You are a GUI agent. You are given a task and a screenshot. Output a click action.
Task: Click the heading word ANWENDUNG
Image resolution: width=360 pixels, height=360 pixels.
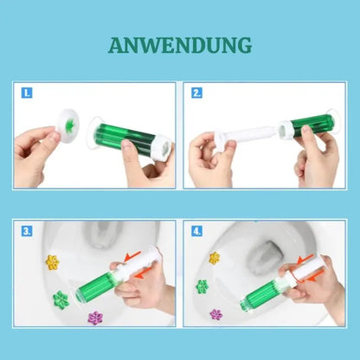pos(180,44)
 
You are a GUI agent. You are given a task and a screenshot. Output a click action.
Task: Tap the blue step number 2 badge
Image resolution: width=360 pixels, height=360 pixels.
pos(197,92)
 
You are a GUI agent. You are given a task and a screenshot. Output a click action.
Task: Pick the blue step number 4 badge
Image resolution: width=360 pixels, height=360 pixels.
pos(197,231)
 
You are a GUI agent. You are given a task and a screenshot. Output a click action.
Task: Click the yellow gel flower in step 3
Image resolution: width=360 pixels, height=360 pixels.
pos(52,261)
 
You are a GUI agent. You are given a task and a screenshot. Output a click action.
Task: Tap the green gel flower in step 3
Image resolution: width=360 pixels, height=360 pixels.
pos(61,299)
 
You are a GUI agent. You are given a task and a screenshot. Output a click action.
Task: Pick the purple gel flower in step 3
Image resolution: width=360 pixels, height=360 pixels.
pos(96,318)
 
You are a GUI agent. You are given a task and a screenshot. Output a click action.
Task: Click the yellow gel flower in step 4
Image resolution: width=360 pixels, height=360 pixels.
pos(213,257)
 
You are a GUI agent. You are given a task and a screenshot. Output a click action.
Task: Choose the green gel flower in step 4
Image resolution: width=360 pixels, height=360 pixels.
pos(202,286)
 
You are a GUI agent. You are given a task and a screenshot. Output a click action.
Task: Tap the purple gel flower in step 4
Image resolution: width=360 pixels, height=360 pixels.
pos(215,314)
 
